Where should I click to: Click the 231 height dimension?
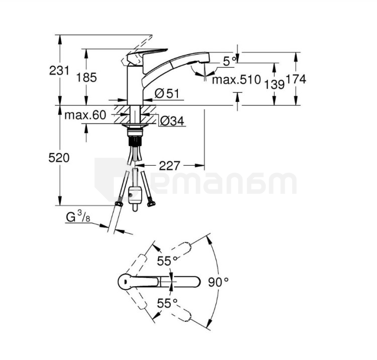[x=59, y=71]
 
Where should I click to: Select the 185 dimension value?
[x=86, y=77]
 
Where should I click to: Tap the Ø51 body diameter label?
[x=167, y=93]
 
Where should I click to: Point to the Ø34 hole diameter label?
[x=172, y=121]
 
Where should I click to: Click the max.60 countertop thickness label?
[x=85, y=115]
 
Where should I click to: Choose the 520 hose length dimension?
[x=59, y=158]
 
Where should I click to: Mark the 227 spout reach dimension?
[x=169, y=166]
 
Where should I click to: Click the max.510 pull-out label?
[x=236, y=79]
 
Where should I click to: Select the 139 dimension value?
[x=274, y=84]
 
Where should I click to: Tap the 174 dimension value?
[x=296, y=79]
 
